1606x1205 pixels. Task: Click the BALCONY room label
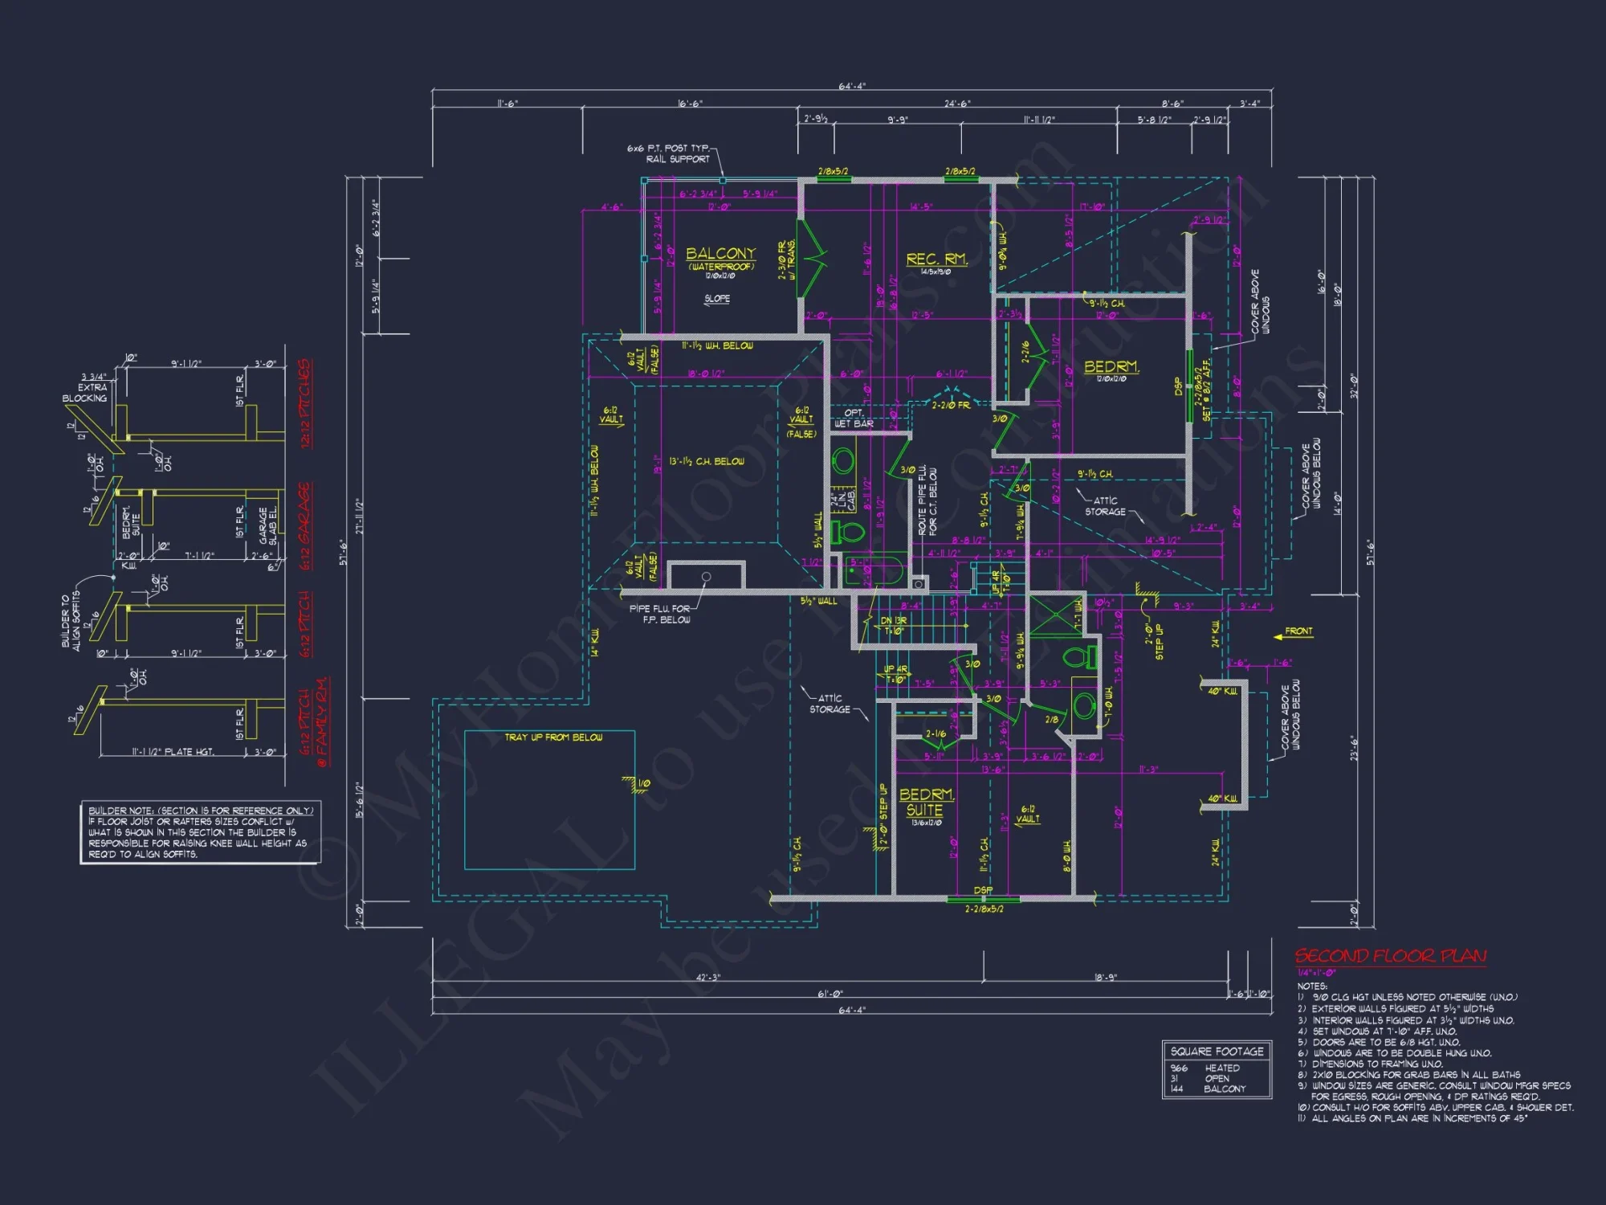[720, 254]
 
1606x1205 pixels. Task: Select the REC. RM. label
[936, 259]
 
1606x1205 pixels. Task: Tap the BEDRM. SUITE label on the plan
[926, 802]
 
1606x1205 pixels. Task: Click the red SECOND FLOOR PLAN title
[1390, 956]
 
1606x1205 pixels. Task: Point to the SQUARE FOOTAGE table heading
[1217, 1052]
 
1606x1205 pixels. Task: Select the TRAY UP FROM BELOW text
[553, 737]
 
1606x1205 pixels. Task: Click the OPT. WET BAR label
[854, 419]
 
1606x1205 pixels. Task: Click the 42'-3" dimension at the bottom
[707, 978]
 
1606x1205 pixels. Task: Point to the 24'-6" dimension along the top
[956, 104]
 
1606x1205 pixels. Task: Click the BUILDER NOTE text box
[199, 832]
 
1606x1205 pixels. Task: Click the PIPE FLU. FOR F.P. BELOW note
[659, 615]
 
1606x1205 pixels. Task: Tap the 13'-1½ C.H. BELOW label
[707, 462]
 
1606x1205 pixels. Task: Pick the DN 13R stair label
[893, 621]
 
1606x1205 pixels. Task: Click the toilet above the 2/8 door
[1080, 657]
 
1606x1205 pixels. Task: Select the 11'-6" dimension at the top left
[507, 104]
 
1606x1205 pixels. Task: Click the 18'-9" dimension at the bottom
[1105, 978]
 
